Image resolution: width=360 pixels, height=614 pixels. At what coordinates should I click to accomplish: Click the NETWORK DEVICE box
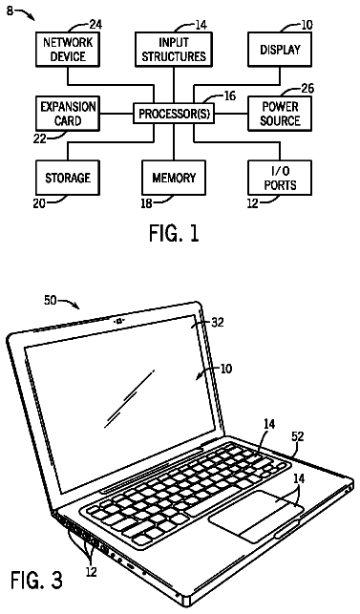click(68, 50)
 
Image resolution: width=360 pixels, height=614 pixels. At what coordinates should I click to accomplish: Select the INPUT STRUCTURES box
click(174, 50)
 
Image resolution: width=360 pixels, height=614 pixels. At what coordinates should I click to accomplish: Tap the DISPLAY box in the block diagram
click(280, 50)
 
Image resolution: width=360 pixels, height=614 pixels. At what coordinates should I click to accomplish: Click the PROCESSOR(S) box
click(174, 114)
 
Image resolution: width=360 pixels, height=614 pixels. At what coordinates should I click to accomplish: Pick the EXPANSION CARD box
click(68, 114)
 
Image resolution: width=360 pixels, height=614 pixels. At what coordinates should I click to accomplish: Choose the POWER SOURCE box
click(280, 114)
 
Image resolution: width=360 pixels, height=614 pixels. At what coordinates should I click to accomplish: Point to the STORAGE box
click(68, 178)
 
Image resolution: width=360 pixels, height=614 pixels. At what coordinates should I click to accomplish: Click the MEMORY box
click(174, 178)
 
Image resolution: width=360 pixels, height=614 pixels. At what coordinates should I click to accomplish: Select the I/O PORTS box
click(280, 178)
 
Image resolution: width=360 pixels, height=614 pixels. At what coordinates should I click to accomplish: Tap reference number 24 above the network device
click(95, 25)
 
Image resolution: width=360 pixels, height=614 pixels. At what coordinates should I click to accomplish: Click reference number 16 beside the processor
click(230, 95)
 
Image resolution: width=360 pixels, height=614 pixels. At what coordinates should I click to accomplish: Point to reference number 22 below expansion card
click(39, 138)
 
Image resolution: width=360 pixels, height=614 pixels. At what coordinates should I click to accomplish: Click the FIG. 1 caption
click(174, 233)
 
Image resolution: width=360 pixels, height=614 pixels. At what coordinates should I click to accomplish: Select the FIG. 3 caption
click(36, 580)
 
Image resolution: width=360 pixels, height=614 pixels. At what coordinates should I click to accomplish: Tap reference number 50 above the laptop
click(51, 302)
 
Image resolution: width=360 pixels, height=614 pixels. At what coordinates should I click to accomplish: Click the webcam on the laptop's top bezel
click(119, 322)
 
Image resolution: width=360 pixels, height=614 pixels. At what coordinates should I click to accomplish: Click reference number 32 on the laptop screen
click(218, 322)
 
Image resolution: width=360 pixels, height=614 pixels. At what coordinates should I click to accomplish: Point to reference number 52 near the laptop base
click(298, 436)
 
